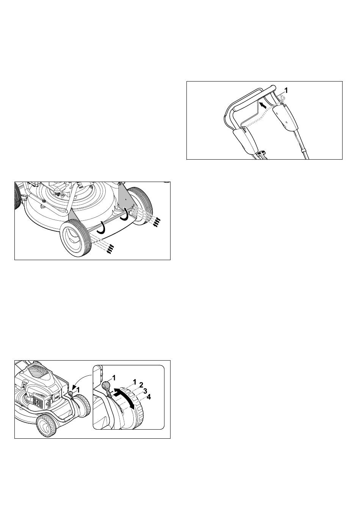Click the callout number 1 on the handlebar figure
286,90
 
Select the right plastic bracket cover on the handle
286,116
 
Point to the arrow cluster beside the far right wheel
157,222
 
